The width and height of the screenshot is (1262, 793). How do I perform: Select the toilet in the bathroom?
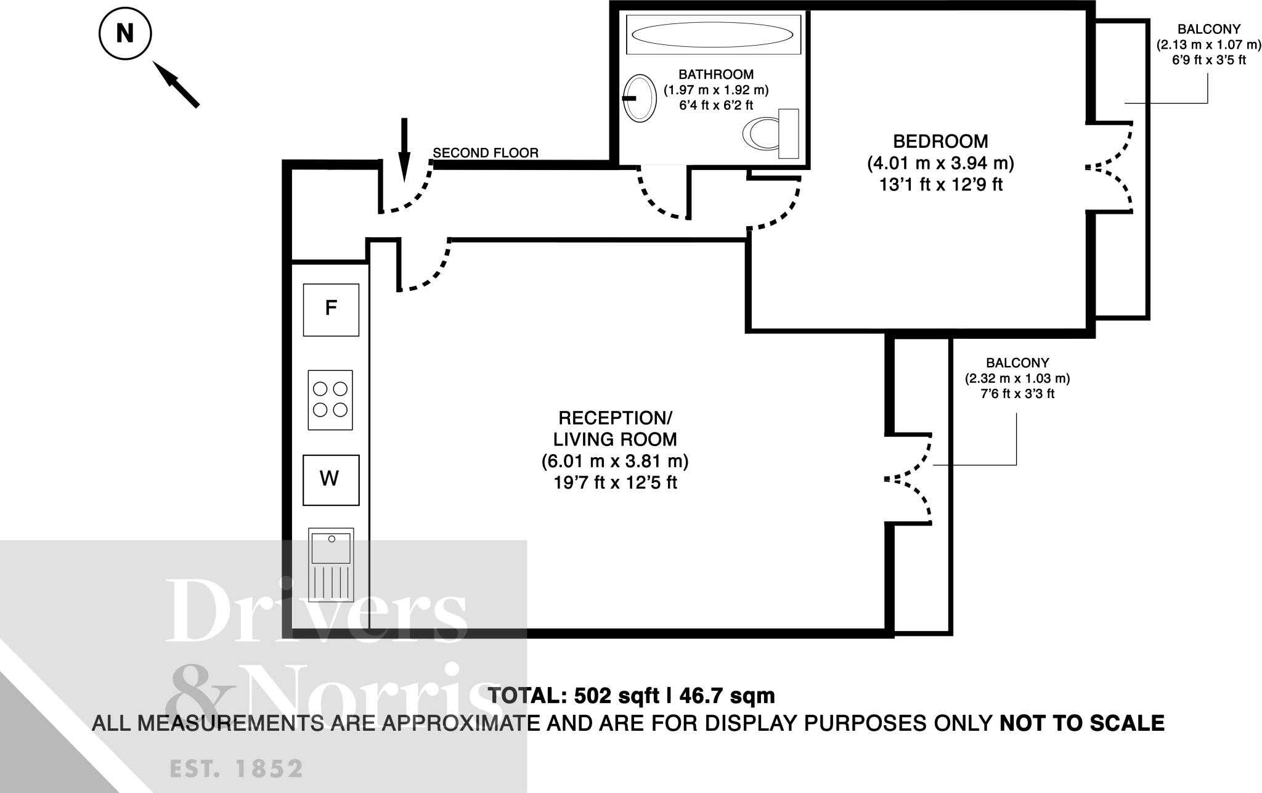771,133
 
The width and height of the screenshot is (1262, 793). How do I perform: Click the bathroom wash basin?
640,98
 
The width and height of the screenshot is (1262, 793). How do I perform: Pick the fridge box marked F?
331,309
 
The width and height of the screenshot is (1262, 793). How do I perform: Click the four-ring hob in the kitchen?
330,400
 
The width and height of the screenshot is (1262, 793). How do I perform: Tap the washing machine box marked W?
331,480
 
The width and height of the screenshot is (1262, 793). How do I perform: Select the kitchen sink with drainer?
332,565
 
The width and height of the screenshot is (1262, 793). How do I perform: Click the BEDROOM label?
940,142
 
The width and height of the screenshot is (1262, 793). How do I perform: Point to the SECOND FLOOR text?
486,153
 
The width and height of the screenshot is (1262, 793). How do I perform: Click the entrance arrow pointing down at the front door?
404,150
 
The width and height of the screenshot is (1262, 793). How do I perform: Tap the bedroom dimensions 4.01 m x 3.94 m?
940,163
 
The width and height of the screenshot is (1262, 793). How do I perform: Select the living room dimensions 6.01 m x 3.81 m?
615,461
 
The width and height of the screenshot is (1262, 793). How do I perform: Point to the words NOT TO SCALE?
1082,723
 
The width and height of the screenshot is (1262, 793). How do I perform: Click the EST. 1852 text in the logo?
237,769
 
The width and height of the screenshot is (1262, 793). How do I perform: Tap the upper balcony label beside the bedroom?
1209,29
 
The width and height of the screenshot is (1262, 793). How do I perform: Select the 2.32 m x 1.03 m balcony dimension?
1017,378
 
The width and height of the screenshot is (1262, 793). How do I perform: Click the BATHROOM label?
716,75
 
